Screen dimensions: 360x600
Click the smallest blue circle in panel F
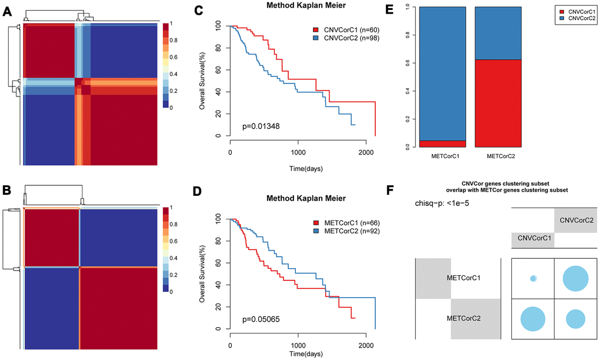click(x=534, y=278)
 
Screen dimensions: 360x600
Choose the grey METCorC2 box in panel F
click(x=475, y=319)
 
